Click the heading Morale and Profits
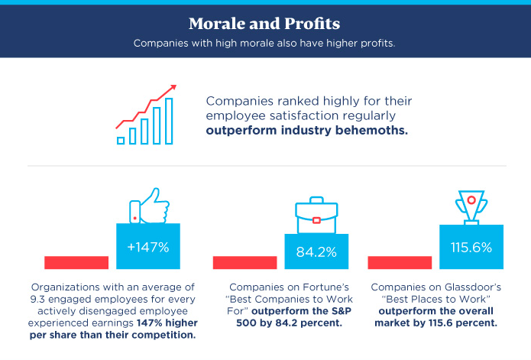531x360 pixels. (264, 23)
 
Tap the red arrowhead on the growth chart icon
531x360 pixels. (174, 87)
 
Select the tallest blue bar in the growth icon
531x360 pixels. (169, 120)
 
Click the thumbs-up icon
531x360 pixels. (149, 204)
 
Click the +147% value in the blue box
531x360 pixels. (148, 248)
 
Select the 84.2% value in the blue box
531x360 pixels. (316, 251)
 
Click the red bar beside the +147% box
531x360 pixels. (76, 262)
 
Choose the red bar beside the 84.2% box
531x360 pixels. (244, 262)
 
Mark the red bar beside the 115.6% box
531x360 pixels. (400, 262)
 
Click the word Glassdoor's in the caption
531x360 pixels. (465, 287)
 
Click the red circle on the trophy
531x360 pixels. (471, 199)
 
